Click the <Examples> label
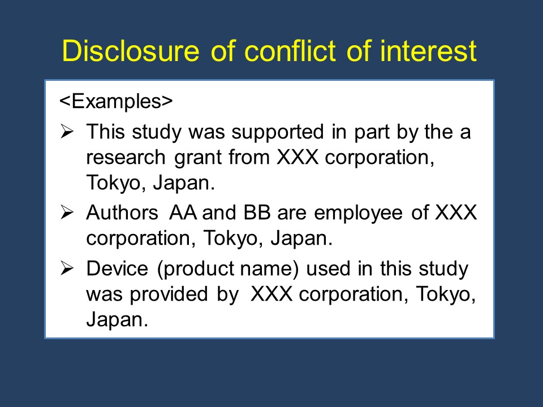point(116,101)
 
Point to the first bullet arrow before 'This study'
point(67,132)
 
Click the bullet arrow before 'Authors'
point(67,212)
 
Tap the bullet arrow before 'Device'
point(67,268)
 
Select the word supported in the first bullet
point(278,132)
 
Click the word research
point(126,158)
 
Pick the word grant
point(197,158)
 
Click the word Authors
point(122,212)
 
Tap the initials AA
point(183,212)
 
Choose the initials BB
point(257,212)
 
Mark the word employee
point(358,214)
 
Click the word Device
point(117,269)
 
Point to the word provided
point(169,294)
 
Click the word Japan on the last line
point(117,320)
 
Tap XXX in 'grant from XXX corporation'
point(298,158)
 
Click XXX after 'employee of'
point(456,212)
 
